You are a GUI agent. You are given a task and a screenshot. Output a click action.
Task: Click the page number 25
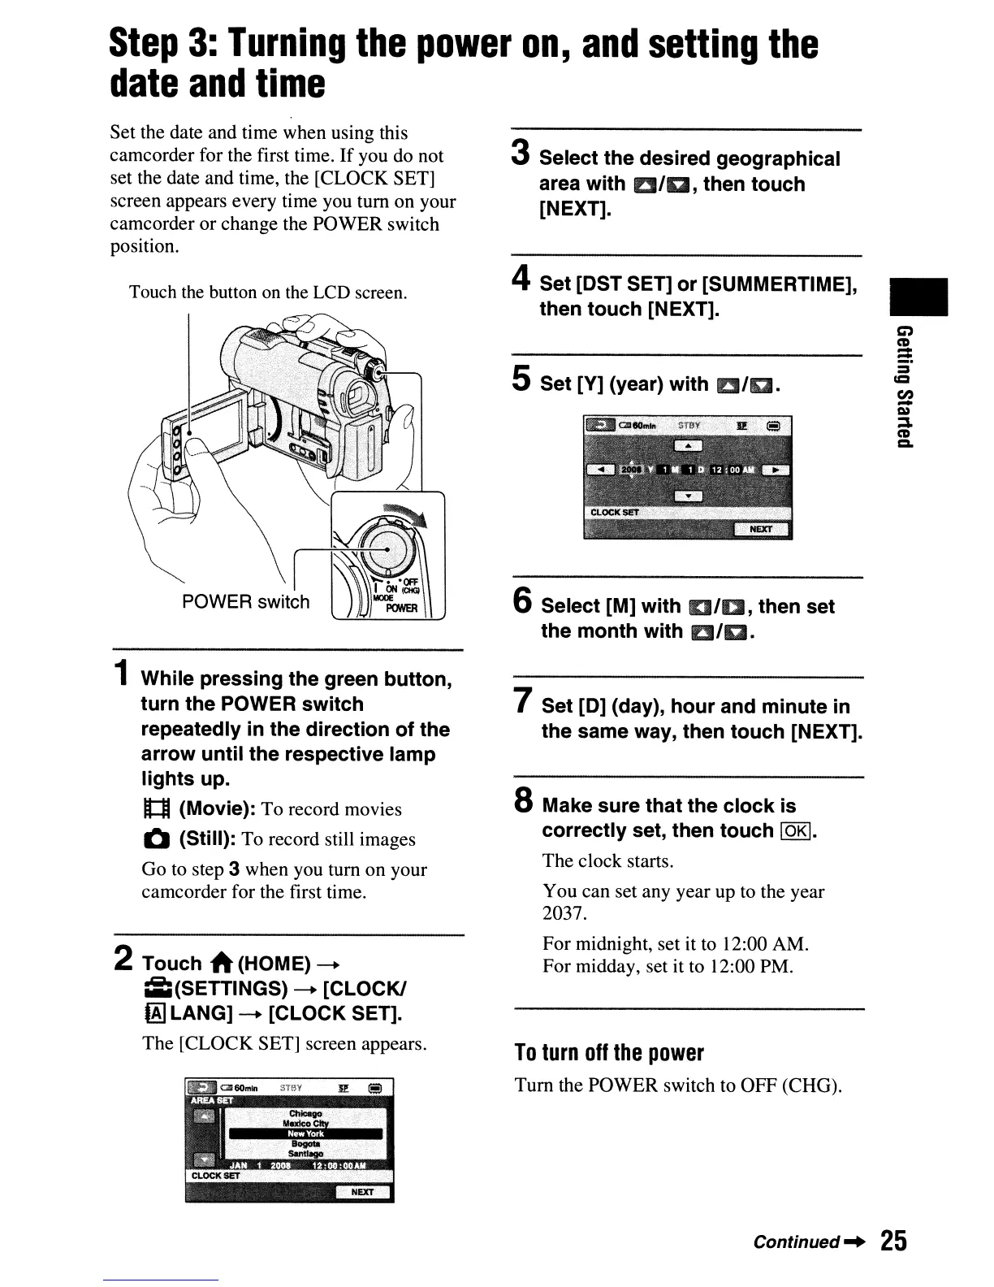893,1241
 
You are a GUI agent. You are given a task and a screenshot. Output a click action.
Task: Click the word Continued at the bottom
796,1241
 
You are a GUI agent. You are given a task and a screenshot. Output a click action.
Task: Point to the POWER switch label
246,602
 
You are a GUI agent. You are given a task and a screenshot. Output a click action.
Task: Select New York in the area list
305,1133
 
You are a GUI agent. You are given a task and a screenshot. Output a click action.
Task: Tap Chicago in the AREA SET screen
305,1113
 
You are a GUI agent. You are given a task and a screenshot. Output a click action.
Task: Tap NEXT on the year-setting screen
761,530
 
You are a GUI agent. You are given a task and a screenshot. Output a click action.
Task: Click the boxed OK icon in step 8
797,831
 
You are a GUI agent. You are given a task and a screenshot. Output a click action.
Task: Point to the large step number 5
522,379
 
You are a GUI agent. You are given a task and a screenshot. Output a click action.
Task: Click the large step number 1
121,674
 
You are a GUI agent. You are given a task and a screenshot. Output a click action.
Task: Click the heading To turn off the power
609,1053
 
